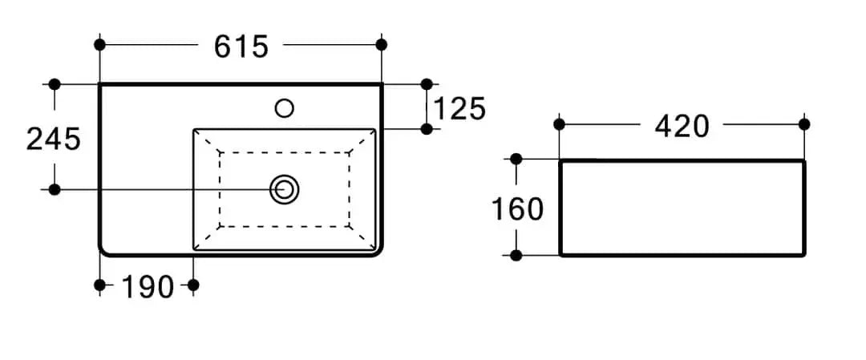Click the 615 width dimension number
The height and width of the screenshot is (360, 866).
[241, 46]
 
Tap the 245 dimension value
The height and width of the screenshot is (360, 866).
[54, 139]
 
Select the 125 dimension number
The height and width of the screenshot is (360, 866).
[459, 108]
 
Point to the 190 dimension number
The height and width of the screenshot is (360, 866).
[147, 286]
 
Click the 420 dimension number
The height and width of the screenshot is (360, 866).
[682, 127]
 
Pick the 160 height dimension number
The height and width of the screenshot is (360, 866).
[517, 209]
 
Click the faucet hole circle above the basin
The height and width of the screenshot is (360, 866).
[285, 107]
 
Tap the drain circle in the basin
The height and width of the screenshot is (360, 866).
[285, 189]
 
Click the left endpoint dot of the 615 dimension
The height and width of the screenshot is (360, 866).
[99, 45]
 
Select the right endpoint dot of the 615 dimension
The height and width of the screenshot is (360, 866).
[381, 45]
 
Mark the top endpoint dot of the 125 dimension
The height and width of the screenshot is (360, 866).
[427, 84]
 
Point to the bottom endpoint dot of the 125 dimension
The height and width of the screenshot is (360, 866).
[427, 128]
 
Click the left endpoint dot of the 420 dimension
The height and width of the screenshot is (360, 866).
[559, 124]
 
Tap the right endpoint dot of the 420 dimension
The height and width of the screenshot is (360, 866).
[804, 124]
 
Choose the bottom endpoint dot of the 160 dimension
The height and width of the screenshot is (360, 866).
[516, 255]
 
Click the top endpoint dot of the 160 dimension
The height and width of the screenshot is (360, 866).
[516, 159]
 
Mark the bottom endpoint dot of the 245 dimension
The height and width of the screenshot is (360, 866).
[55, 189]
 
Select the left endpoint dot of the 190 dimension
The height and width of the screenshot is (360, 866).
[99, 285]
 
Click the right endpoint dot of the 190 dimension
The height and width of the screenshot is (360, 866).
[193, 285]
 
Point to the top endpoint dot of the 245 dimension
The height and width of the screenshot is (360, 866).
[55, 84]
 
